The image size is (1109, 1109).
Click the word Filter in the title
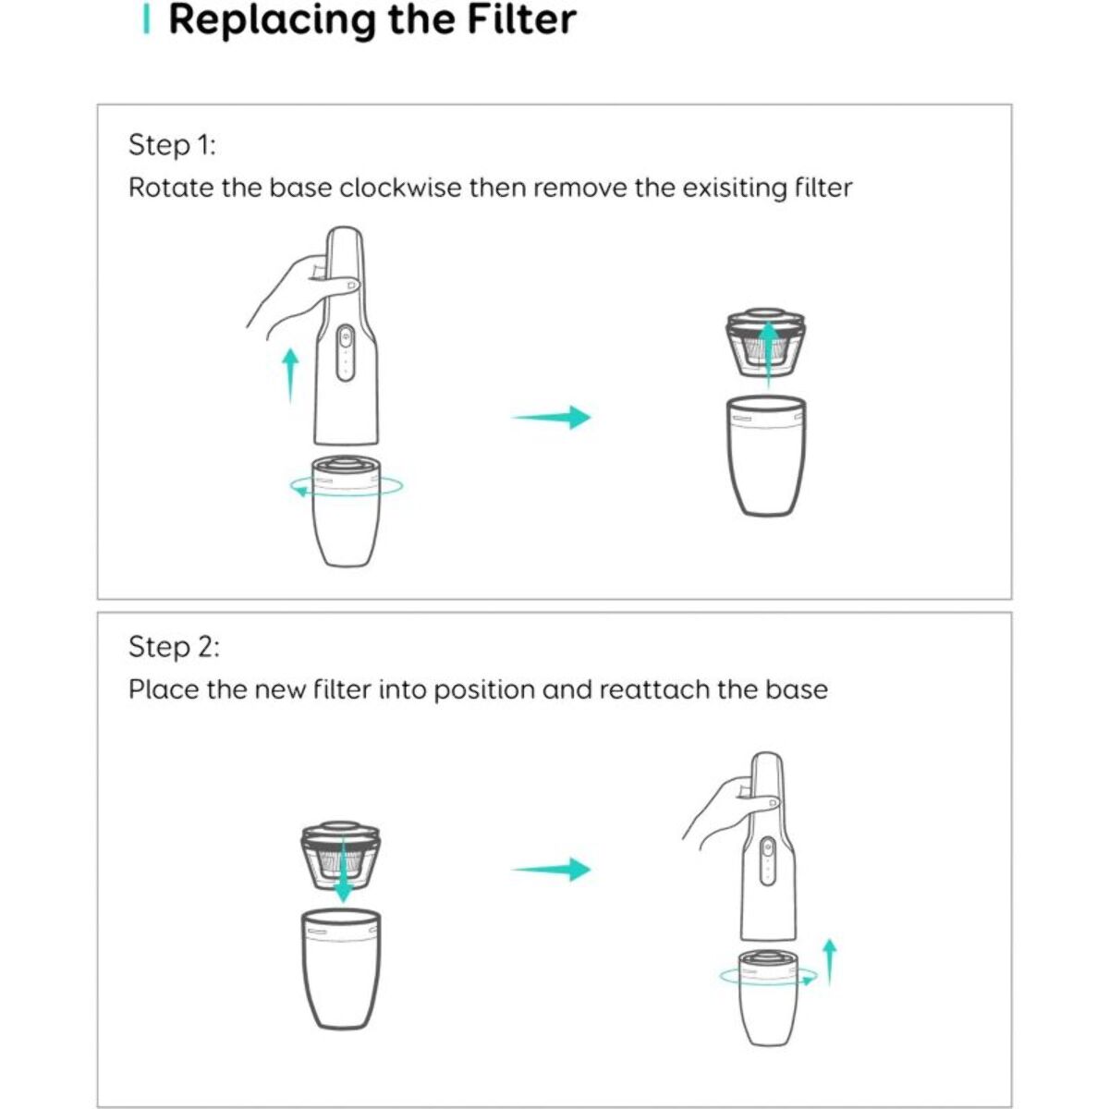(x=521, y=19)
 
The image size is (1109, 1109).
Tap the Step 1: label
(x=172, y=144)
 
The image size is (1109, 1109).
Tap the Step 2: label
(x=174, y=646)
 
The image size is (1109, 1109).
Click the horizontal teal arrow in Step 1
(x=552, y=417)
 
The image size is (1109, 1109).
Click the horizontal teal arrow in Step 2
(x=552, y=869)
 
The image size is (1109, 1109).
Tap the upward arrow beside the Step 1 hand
(x=290, y=376)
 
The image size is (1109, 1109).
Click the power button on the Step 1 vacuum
(x=346, y=336)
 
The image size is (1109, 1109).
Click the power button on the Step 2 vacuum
(x=766, y=848)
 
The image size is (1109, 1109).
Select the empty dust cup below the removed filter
(x=766, y=456)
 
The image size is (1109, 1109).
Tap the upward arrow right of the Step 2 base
(x=829, y=963)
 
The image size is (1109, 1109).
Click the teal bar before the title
(x=147, y=20)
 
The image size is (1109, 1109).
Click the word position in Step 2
(x=484, y=690)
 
